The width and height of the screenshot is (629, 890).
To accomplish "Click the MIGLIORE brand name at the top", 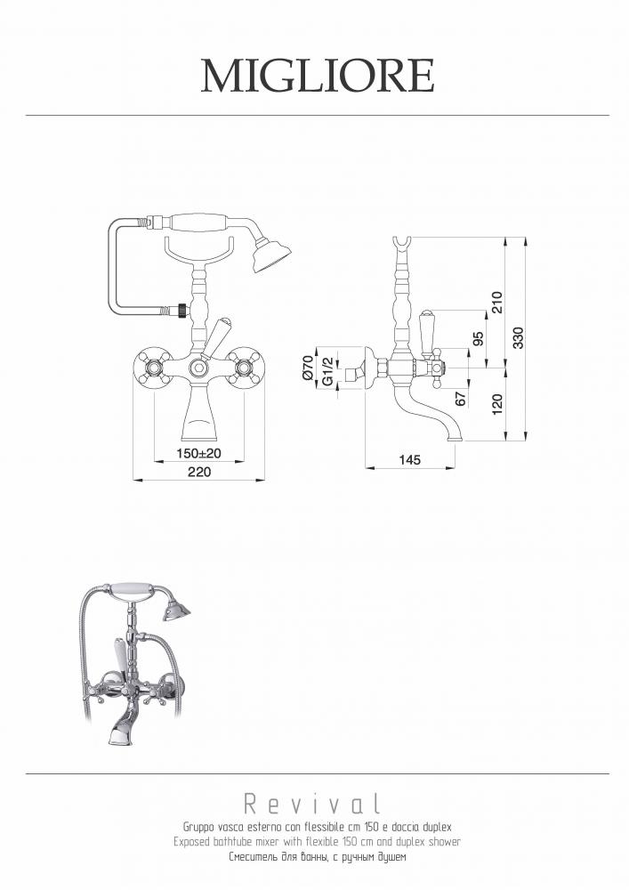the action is (318, 76).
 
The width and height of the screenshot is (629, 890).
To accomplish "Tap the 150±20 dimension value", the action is (198, 454).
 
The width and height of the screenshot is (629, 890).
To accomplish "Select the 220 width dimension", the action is (199, 473).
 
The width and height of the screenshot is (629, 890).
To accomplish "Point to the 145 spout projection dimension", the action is (409, 459).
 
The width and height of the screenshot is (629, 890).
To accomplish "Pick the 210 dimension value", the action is (496, 302).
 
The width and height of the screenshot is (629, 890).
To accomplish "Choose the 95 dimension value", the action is (478, 339).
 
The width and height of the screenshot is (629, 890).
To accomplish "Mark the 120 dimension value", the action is (496, 404).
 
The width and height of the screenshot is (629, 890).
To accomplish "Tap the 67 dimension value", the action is (461, 399).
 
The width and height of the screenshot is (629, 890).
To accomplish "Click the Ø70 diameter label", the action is (308, 367).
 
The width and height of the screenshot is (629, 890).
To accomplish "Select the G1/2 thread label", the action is (327, 371).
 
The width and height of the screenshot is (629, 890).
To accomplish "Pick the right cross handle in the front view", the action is (245, 368).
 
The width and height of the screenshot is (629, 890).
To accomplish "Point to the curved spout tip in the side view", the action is (454, 438).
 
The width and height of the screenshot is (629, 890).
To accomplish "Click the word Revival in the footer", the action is (312, 803).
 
